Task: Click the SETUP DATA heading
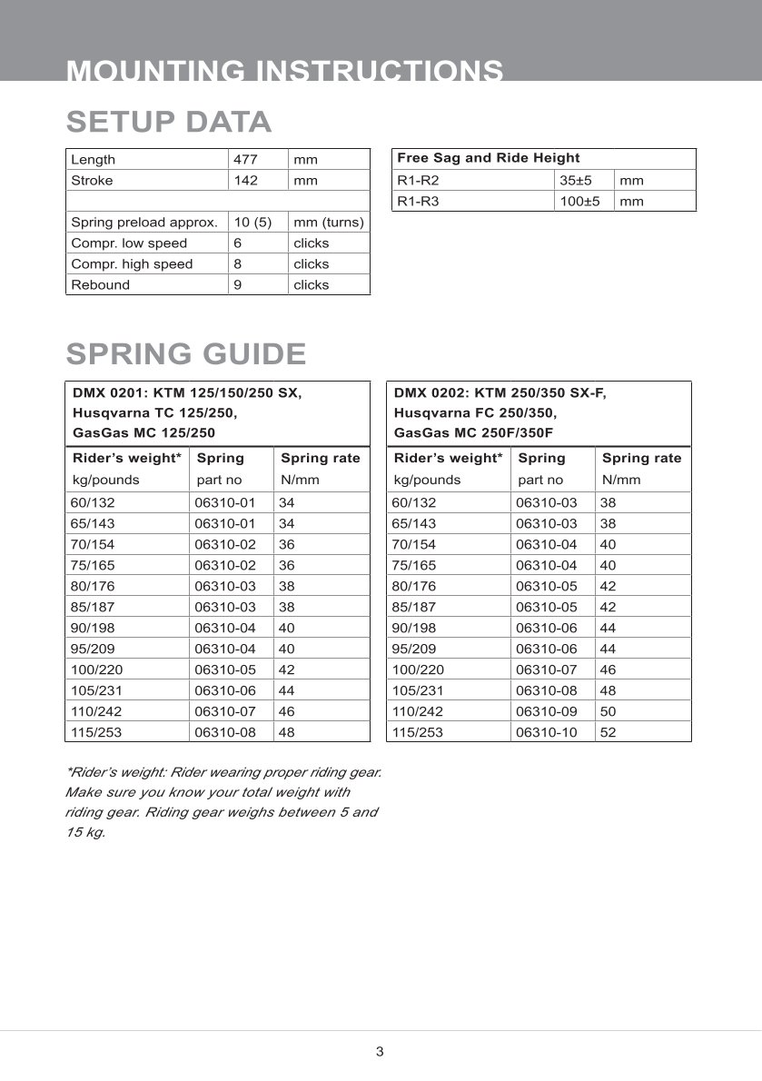click(169, 122)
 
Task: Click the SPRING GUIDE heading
click(186, 353)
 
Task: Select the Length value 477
click(245, 159)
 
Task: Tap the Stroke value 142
click(245, 180)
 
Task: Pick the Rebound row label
click(100, 284)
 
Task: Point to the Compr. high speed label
click(132, 263)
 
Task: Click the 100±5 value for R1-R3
click(579, 201)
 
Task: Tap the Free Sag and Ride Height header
click(488, 158)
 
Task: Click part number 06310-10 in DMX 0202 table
click(546, 731)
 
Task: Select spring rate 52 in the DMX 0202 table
click(609, 731)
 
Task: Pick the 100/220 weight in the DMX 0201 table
click(93, 669)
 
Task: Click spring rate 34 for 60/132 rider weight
click(286, 502)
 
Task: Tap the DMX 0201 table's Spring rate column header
click(320, 458)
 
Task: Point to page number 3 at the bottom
click(380, 1052)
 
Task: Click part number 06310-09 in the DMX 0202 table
click(546, 710)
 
